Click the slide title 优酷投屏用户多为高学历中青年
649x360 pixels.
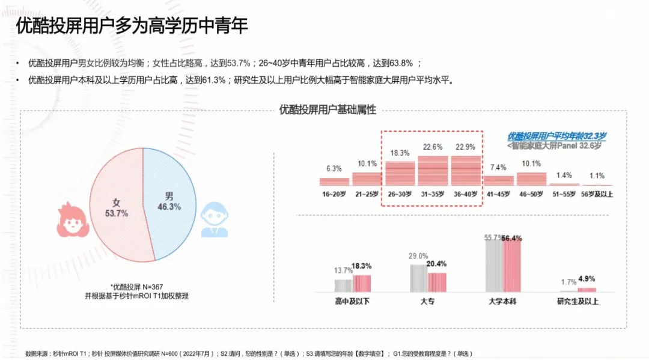pyautogui.click(x=132, y=26)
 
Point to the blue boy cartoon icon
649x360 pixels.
pyautogui.click(x=214, y=220)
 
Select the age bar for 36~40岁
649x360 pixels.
pyautogui.click(x=466, y=171)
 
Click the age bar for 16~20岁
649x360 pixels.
pyautogui.click(x=334, y=181)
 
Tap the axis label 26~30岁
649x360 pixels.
pyautogui.click(x=400, y=194)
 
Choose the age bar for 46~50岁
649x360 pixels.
pyautogui.click(x=531, y=178)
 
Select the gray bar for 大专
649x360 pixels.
pyautogui.click(x=418, y=278)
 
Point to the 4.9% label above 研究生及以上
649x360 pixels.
pyautogui.click(x=587, y=279)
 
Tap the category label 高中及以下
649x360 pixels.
pyautogui.click(x=352, y=301)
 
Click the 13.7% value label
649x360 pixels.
pyautogui.click(x=343, y=270)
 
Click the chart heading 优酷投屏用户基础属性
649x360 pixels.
pyautogui.click(x=328, y=109)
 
